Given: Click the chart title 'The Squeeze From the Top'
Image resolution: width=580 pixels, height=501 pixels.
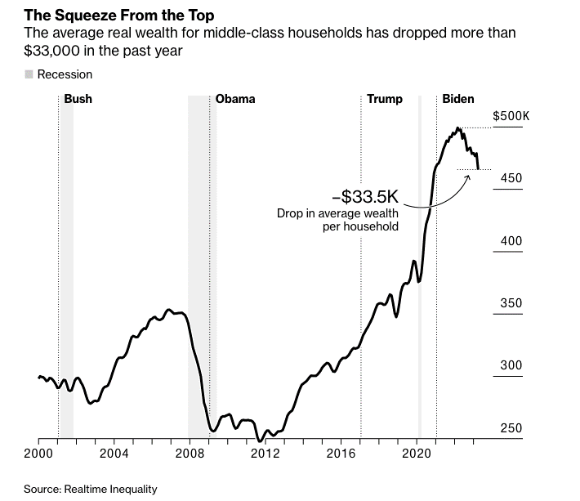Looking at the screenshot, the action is pos(118,16).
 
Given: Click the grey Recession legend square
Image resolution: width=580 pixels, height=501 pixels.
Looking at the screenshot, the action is pos(29,74).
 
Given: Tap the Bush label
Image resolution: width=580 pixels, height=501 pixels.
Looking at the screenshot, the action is pos(78,99).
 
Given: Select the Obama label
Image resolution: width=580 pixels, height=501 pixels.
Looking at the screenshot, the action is pos(235,99).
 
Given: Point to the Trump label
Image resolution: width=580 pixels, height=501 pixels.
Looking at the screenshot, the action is pos(385,99).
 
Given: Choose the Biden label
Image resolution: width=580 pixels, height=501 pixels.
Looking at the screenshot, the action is pos(458,99).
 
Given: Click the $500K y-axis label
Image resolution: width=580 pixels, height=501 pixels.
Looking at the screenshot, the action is pos(511,116).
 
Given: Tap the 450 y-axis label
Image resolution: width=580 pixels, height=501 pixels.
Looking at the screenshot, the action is pos(511,178).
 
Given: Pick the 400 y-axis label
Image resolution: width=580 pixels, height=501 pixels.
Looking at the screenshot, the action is pos(511,241).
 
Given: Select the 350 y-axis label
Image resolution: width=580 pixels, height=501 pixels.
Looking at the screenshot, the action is pos(511,303).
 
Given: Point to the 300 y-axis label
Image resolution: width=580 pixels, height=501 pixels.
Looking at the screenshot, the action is pos(511,365).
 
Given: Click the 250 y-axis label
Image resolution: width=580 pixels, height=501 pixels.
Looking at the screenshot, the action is pos(511,428).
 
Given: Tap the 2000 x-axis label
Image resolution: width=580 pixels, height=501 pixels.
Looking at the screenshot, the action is pos(38,454).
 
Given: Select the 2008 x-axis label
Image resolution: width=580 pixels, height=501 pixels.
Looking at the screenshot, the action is pos(190,454).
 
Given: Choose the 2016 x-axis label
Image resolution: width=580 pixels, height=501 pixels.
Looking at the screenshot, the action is pos(341,454).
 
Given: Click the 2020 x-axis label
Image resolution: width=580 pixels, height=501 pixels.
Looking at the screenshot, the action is pos(416,454).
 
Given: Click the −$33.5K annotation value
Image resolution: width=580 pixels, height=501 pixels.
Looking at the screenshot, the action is pos(365,196).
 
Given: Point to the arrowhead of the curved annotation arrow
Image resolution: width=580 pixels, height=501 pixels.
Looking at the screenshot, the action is pos(469,177).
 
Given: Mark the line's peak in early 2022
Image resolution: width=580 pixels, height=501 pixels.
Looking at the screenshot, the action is pos(458,128).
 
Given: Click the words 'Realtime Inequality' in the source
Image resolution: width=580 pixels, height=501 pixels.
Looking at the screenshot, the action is pos(110,490).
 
